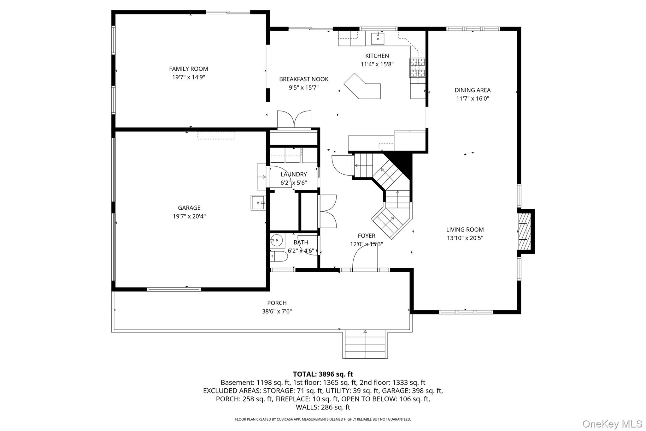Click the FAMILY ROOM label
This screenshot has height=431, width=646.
point(188,69)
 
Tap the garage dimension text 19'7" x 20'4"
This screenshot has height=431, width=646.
point(189,216)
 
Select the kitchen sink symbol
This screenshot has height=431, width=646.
point(377,39)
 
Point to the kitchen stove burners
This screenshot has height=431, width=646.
point(417,68)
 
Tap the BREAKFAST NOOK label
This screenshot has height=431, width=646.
point(304,79)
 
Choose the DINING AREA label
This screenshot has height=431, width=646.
point(473,90)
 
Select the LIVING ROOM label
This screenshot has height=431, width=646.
point(465,230)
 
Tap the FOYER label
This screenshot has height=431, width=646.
point(367,236)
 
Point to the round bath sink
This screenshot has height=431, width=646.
point(276,241)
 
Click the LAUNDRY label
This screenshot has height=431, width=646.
point(294,174)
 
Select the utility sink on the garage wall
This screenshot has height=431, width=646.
point(258,202)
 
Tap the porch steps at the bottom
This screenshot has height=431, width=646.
point(365,344)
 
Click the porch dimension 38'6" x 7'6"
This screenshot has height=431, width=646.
point(277,311)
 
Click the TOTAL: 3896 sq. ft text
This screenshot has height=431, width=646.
point(323,374)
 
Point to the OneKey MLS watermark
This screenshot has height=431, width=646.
point(612,424)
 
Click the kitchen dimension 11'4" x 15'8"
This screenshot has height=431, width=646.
point(377,64)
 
